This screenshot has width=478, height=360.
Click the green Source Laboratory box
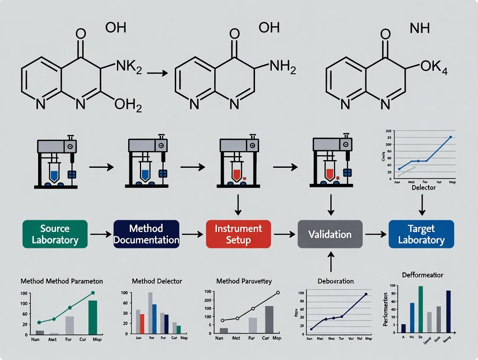(55, 234)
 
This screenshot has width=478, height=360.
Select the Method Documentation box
(146, 234)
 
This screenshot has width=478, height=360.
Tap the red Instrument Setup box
(238, 234)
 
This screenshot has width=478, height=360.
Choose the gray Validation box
(330, 234)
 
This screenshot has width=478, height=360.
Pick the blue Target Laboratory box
(421, 234)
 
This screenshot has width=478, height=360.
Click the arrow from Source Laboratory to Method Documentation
(100, 234)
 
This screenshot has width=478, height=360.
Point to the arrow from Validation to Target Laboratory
(375, 234)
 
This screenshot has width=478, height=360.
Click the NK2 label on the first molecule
(129, 67)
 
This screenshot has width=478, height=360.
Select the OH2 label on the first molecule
(128, 104)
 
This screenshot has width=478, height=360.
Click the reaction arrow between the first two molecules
(157, 73)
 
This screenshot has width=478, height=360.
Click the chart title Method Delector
(157, 281)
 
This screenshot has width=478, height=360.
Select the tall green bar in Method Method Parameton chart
(93, 317)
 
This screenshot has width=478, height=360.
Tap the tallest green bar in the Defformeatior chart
(420, 309)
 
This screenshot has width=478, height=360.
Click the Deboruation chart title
(330, 281)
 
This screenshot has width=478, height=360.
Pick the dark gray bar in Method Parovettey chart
(269, 320)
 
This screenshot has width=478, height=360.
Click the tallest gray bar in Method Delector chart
(151, 313)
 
